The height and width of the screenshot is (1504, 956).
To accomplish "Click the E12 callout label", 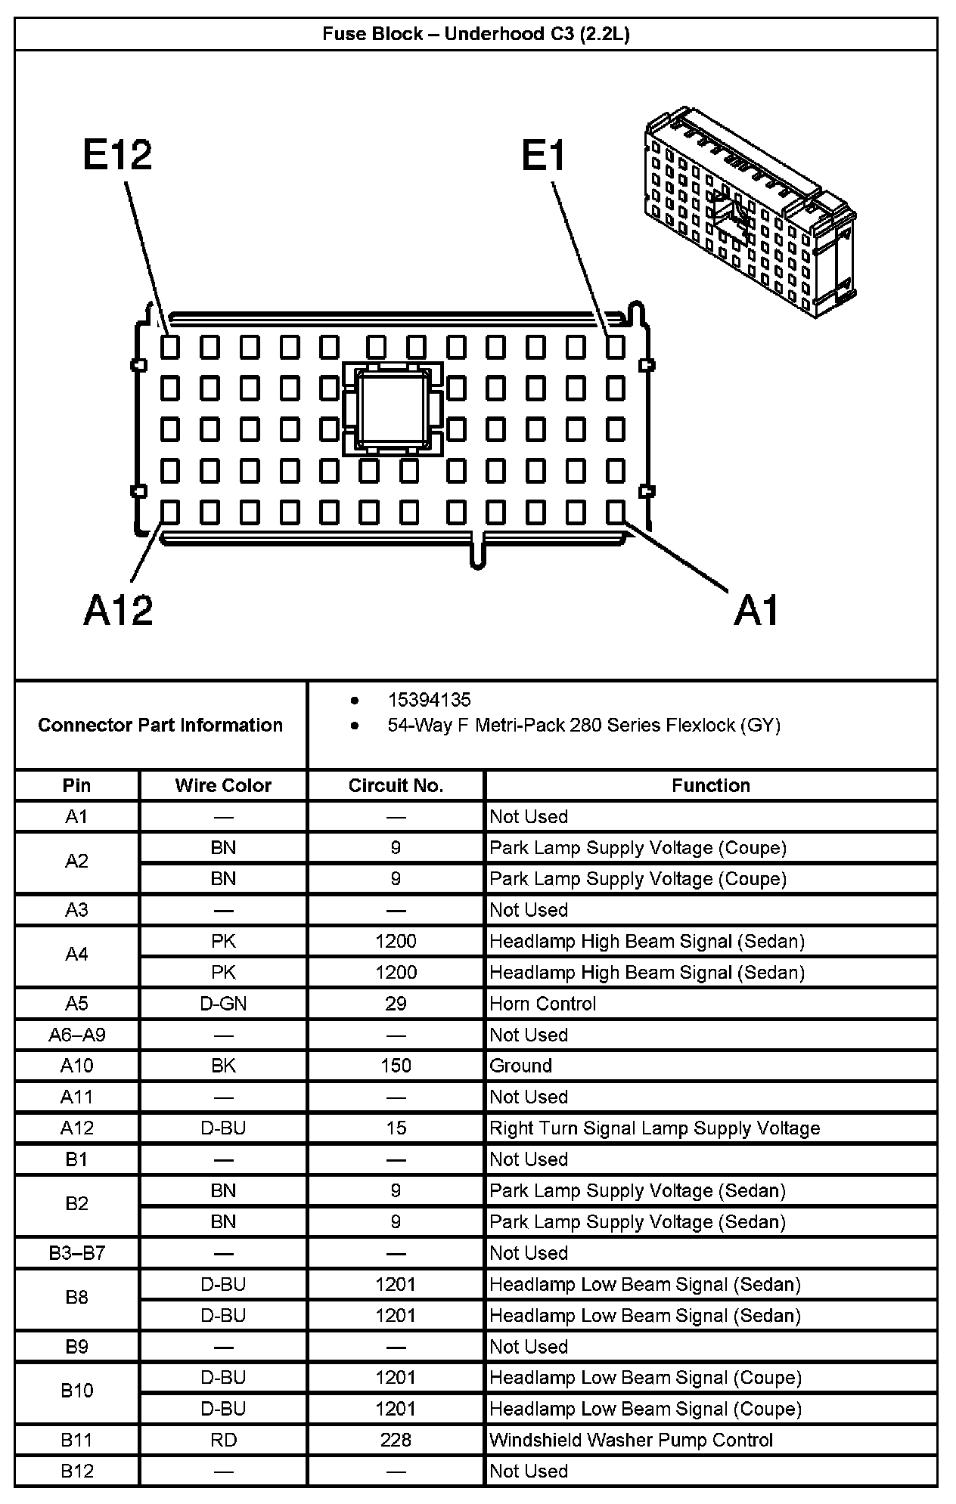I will click(x=118, y=155).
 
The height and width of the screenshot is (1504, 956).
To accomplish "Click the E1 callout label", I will click(x=544, y=156).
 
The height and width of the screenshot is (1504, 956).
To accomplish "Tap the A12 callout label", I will click(x=118, y=609).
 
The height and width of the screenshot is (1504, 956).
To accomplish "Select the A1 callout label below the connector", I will click(x=756, y=610).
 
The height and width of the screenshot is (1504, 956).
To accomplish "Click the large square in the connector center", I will click(x=393, y=409).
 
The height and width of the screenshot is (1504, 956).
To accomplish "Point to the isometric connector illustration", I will click(x=749, y=212).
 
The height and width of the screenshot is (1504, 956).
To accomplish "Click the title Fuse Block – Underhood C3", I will click(x=476, y=34).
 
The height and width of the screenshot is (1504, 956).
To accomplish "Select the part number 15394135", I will click(x=429, y=700).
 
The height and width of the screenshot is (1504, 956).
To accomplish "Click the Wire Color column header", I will click(x=223, y=785).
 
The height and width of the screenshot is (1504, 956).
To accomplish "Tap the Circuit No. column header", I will click(x=396, y=785).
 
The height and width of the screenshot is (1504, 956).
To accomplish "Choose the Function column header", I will click(x=710, y=785).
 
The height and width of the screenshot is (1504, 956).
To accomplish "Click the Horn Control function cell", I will click(x=543, y=1004).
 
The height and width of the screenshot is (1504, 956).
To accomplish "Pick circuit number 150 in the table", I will click(x=396, y=1066).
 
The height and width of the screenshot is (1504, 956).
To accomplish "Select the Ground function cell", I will click(x=521, y=1066).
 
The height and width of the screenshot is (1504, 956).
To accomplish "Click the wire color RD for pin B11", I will click(x=223, y=1440).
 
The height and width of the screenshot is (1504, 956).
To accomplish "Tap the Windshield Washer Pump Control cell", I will click(x=631, y=1440).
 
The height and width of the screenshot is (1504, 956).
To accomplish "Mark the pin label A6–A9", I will click(x=76, y=1035).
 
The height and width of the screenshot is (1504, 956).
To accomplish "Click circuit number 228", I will click(x=396, y=1440).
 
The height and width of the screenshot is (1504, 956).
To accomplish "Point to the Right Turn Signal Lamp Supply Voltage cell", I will click(x=654, y=1128).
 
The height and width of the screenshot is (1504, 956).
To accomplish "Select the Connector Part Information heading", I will click(x=160, y=725).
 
